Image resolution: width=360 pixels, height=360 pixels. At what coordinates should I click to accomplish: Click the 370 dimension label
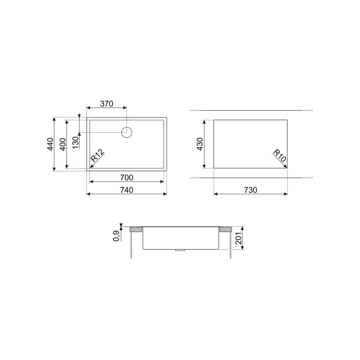pos(107,104)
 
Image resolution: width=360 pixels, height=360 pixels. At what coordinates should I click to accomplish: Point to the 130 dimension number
pos(75,143)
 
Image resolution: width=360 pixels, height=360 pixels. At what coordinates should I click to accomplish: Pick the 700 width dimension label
pos(127,177)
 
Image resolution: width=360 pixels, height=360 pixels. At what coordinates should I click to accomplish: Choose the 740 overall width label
pos(127,190)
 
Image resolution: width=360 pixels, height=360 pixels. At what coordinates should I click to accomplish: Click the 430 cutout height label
pos(201,144)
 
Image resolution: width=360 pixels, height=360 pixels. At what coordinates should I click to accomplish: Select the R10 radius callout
pos(279,156)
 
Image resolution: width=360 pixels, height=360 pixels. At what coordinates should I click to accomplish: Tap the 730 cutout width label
pos(250,190)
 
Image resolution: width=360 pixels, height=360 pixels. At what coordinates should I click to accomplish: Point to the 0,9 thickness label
pos(117,235)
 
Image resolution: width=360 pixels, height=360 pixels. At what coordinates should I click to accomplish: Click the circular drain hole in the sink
pos(127,132)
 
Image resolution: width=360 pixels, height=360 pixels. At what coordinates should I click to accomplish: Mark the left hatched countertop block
pos(135,229)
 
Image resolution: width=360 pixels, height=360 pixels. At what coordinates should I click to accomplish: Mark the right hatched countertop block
pos(225,229)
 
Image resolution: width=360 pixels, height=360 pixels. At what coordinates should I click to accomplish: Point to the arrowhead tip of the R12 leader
pos(90,167)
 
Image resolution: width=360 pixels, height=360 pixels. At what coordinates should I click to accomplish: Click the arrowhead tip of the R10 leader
pos(287,167)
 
